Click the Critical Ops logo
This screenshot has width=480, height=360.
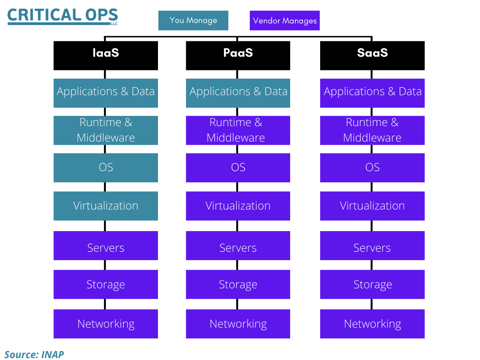click(62, 16)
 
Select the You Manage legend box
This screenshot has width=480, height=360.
click(193, 21)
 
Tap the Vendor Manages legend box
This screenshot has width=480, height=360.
click(285, 21)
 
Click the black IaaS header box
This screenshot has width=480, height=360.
click(105, 56)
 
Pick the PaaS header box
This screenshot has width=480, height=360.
click(238, 56)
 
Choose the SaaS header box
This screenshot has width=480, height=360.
click(372, 56)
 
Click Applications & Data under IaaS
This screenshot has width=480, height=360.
click(105, 93)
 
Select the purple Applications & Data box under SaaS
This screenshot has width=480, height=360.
click(372, 93)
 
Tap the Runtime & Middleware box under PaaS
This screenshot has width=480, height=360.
click(238, 130)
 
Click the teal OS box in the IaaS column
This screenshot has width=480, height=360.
click(105, 168)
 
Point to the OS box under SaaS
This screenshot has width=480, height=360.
click(372, 168)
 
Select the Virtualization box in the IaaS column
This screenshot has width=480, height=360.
click(105, 206)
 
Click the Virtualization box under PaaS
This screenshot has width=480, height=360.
click(238, 206)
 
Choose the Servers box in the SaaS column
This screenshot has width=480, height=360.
click(372, 246)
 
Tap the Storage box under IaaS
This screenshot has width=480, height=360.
click(105, 285)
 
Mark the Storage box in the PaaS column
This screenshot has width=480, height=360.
click(238, 285)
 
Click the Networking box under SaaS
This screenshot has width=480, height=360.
click(372, 324)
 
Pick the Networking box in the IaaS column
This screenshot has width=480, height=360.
click(105, 324)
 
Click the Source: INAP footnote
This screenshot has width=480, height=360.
click(34, 354)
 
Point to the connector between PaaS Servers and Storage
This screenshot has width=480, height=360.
click(237, 265)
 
